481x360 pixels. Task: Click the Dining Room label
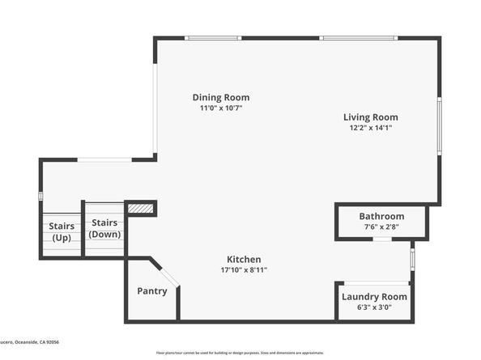[x=220, y=97]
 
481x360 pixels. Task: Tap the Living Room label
[x=373, y=117]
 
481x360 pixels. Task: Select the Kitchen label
[x=243, y=259]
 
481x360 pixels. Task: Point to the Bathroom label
[x=381, y=216]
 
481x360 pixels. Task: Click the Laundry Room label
[x=374, y=297]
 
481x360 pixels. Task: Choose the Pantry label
[x=151, y=291]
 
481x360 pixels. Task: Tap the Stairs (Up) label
[x=61, y=231]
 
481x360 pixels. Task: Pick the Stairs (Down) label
[x=104, y=228]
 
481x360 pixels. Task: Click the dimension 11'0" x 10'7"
[x=221, y=108]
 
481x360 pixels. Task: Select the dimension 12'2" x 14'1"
[x=373, y=128]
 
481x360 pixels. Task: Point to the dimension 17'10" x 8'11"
[x=243, y=269]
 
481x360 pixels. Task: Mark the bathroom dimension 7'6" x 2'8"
[x=381, y=227]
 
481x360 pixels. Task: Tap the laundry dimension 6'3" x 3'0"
[x=374, y=308]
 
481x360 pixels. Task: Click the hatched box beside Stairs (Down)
[x=140, y=209]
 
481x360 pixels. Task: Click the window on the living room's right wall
[x=439, y=125]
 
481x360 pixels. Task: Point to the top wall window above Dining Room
[x=211, y=38]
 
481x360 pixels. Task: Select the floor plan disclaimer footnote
[x=240, y=353]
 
